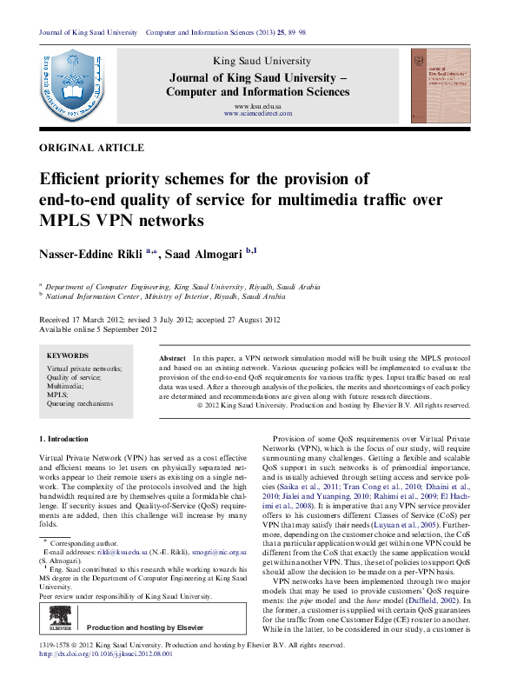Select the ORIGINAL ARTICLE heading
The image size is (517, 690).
point(85,148)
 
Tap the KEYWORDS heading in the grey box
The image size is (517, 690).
point(68,355)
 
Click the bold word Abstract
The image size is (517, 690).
point(173,358)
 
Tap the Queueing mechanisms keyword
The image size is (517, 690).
point(80,403)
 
